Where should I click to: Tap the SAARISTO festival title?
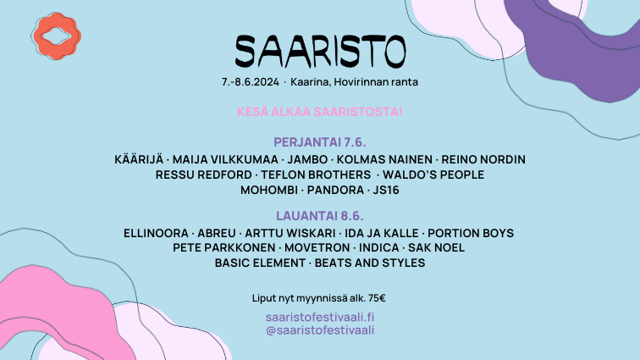coord(320,52)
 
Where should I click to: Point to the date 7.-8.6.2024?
coord(251,82)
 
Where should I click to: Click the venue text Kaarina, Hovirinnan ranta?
coord(354,82)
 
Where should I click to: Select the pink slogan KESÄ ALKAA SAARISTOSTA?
coord(320,112)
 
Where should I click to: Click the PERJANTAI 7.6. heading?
coord(320,142)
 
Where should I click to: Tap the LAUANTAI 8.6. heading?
coord(320,216)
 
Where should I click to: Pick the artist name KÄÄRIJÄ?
coord(139,159)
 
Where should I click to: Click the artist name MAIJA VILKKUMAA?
coord(225,159)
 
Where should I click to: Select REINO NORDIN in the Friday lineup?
coord(483,159)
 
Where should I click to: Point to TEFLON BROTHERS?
coord(316,174)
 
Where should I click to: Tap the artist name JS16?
coord(386,191)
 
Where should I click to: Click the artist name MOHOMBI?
coord(269,191)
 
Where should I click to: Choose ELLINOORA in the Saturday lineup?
coord(156,233)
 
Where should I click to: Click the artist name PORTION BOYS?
coord(471,233)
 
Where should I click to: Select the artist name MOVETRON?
coord(317,247)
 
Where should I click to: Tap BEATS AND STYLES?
coord(370,263)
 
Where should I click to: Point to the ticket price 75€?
coord(377,298)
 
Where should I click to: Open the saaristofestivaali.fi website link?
coord(320,317)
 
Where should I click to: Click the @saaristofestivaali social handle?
coord(320,330)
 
